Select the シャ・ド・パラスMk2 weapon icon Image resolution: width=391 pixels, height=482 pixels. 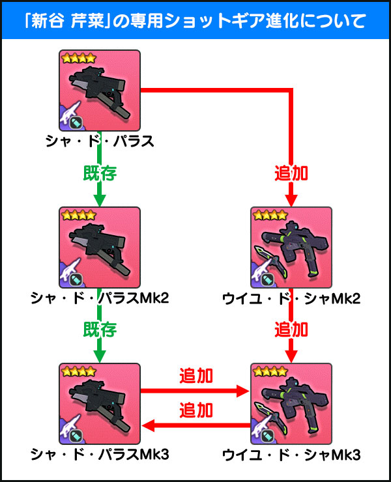coord(99,247)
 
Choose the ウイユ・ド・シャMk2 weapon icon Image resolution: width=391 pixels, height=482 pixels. coord(291,247)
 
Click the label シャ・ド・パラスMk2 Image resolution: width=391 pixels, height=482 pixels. coord(99,298)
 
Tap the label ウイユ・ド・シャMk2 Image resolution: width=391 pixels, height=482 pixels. coord(291,298)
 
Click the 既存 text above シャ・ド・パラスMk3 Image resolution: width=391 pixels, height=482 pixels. coord(99,330)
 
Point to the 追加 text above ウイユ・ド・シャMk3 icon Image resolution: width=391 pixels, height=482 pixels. coord(291,330)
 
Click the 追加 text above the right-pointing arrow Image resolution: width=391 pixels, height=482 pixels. coord(195,376)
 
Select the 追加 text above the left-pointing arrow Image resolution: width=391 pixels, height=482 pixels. coord(195,410)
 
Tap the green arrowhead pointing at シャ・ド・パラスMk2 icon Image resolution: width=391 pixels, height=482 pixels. coord(99,198)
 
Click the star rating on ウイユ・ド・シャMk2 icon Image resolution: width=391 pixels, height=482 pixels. coord(269,214)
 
